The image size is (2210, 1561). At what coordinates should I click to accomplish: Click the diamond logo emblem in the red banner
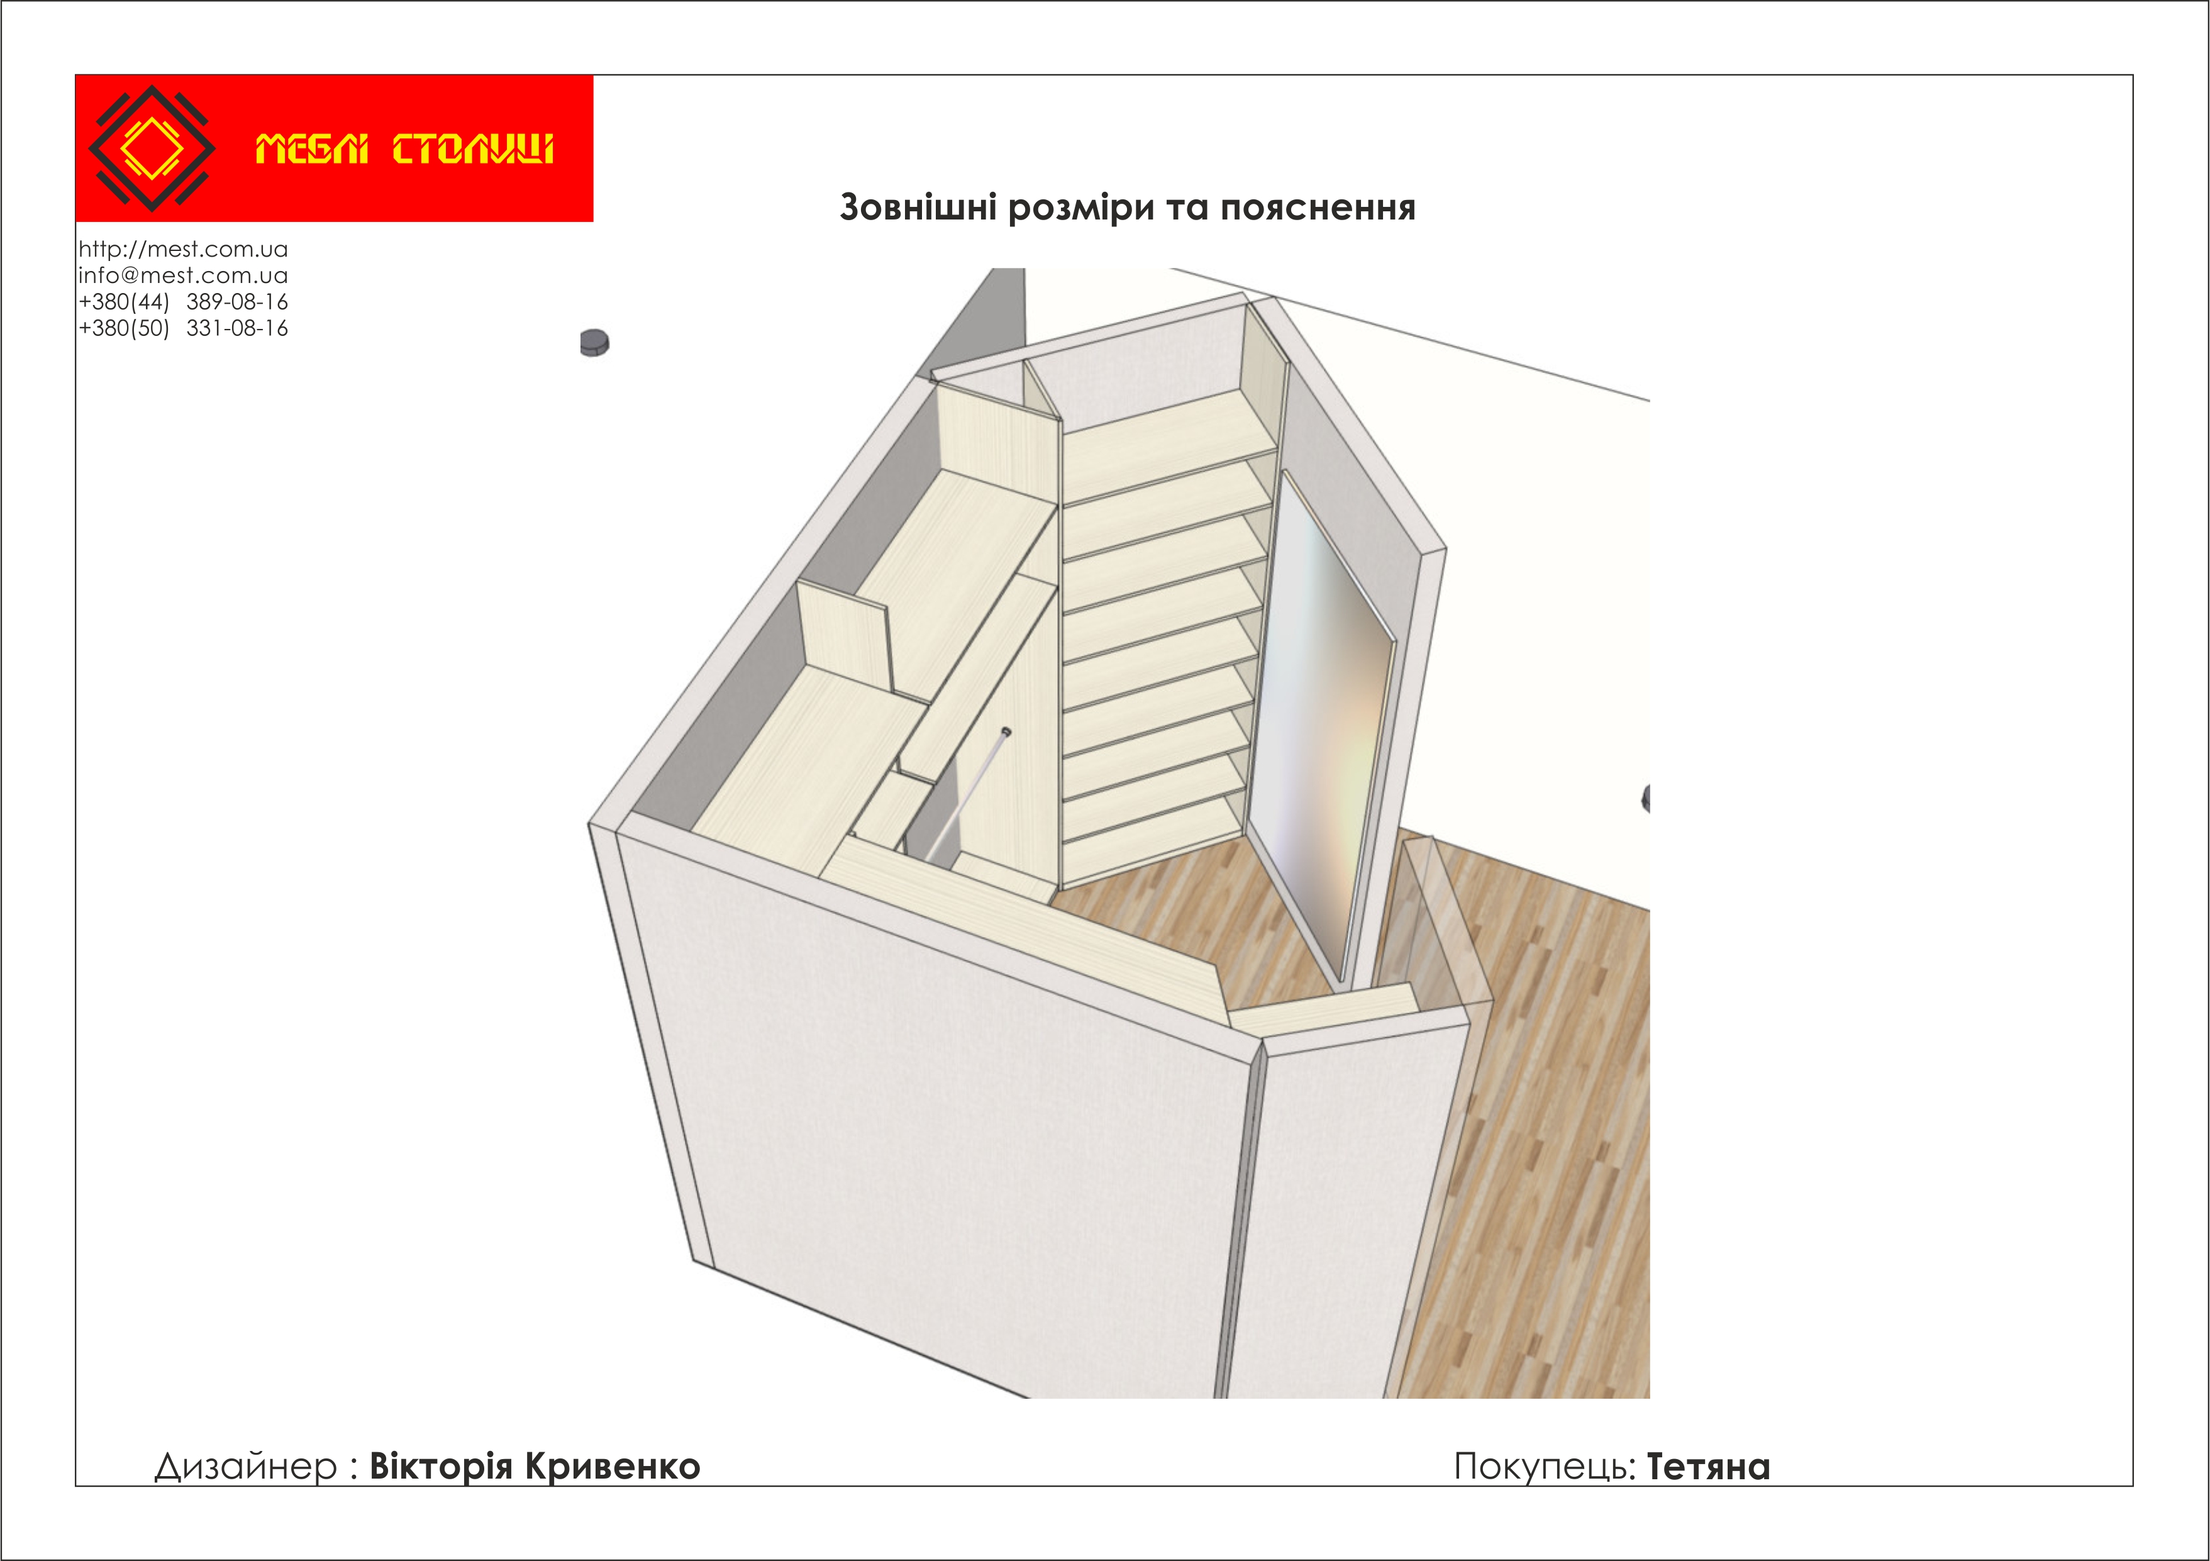[152, 148]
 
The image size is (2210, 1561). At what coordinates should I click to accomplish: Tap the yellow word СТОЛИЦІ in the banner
[472, 149]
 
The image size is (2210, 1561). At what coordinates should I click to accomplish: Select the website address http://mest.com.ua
[183, 249]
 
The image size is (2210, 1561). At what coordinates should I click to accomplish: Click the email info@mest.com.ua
[183, 275]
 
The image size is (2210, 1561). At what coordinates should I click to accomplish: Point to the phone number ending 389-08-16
[183, 302]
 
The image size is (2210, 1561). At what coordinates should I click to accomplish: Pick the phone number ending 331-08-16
[183, 328]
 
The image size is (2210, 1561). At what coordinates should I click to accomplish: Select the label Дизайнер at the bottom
[245, 1467]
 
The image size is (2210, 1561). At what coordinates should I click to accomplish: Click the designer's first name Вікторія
[441, 1466]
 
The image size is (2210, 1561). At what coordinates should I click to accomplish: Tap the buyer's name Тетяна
[1709, 1467]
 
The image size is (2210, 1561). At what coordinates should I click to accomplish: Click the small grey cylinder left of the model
[595, 343]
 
